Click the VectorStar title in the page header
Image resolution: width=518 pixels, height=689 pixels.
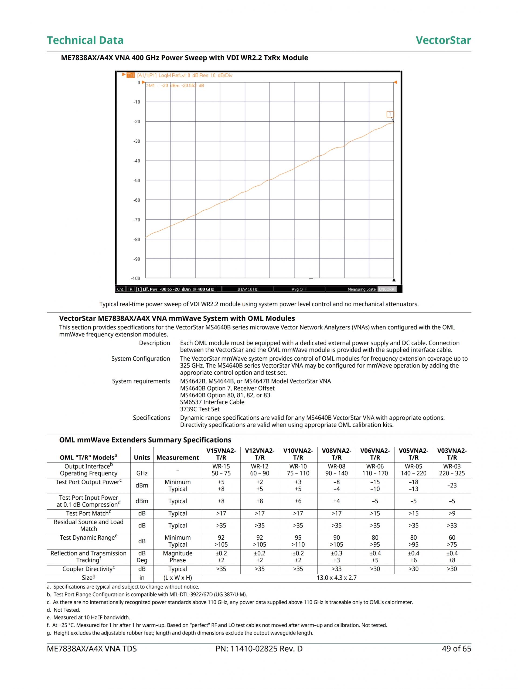pyautogui.click(x=443, y=40)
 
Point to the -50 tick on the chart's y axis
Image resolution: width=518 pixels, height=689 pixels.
pyautogui.click(x=137, y=181)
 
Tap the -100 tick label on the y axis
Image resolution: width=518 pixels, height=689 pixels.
pyautogui.click(x=136, y=279)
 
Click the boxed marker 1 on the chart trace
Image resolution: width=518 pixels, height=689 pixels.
pyautogui.click(x=390, y=114)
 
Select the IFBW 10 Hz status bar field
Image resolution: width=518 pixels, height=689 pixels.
pyautogui.click(x=247, y=289)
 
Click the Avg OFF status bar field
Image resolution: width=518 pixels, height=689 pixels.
pyautogui.click(x=299, y=289)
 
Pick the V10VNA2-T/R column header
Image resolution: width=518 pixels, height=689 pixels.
pyautogui.click(x=298, y=454)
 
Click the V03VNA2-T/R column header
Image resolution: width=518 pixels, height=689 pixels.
pyautogui.click(x=452, y=454)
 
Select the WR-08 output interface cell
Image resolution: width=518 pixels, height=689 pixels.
pyautogui.click(x=336, y=466)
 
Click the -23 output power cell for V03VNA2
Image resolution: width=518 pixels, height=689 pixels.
pyautogui.click(x=452, y=485)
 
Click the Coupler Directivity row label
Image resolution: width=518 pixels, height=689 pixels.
pyautogui.click(x=88, y=569)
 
